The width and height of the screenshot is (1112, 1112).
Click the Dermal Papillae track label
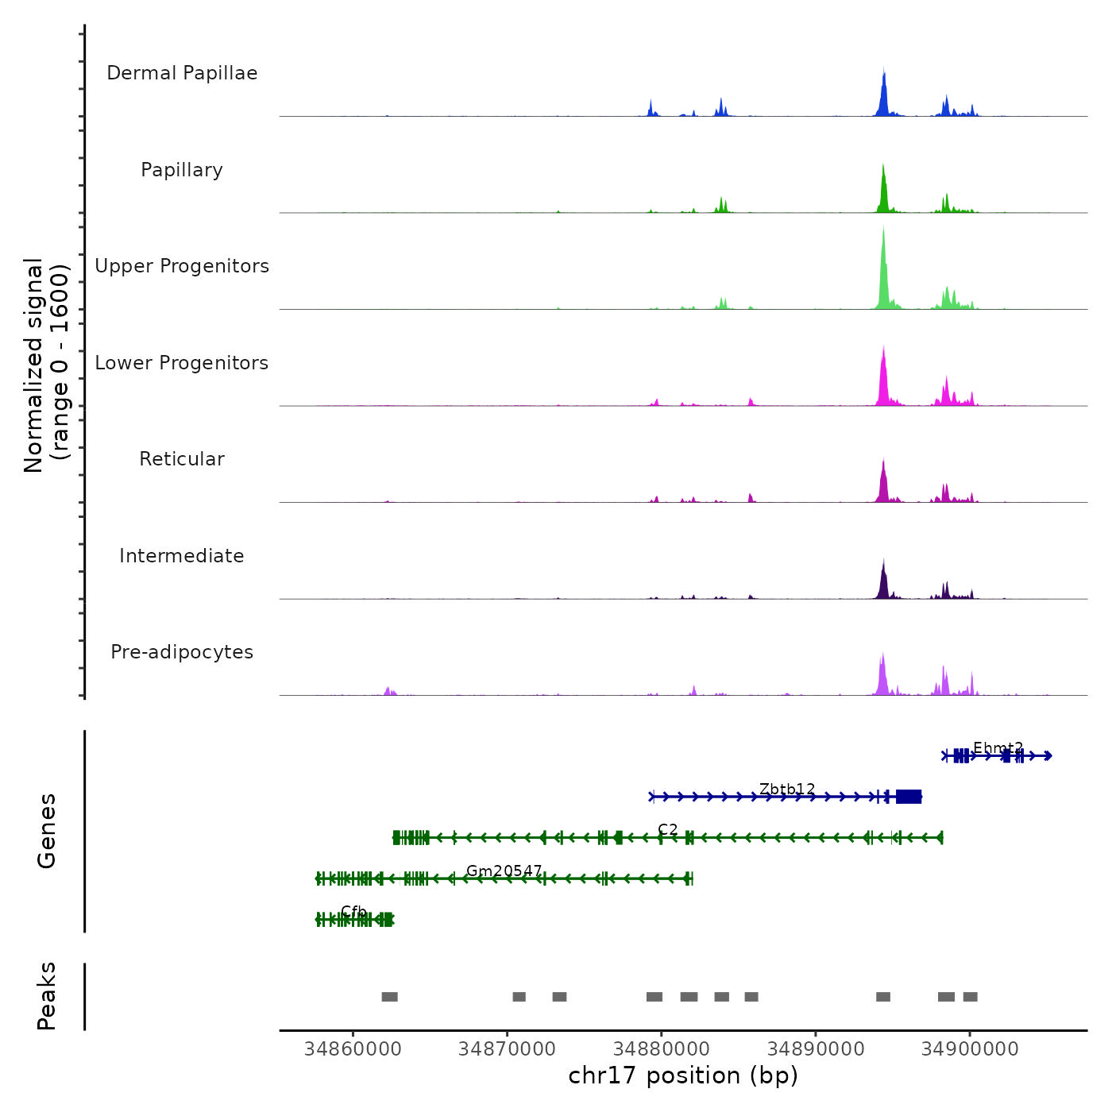point(182,73)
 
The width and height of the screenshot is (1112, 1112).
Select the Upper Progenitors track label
point(182,266)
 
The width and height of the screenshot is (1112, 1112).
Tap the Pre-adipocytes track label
point(182,652)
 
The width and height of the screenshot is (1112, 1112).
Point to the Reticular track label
point(182,459)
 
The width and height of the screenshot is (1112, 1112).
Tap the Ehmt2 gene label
point(998,748)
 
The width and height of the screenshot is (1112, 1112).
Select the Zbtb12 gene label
point(787,789)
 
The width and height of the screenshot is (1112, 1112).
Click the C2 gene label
point(668,829)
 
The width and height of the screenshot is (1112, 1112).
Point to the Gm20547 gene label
point(504,871)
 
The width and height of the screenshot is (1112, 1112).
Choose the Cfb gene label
point(353,911)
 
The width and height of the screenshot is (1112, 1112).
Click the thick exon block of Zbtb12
point(909,797)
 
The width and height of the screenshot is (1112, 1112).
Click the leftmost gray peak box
point(389,997)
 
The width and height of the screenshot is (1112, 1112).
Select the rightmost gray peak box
point(970,997)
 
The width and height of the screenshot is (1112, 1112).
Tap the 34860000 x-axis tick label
point(353,1049)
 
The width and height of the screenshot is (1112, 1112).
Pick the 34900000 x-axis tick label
point(970,1049)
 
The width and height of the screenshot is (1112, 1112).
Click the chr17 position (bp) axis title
point(683,1075)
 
